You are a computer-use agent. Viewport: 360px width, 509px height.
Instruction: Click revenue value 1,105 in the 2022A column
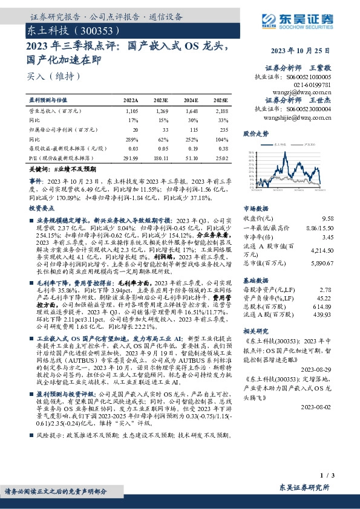point(131,112)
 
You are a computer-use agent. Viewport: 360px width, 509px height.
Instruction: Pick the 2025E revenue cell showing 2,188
point(221,112)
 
